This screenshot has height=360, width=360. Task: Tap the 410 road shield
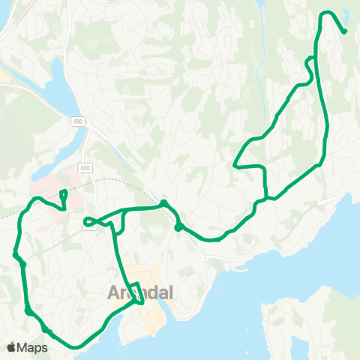pyautogui.click(x=78, y=121)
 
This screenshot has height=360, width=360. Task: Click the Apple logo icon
pyautogui.click(x=13, y=347)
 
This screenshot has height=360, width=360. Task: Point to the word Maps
pyautogui.click(x=34, y=348)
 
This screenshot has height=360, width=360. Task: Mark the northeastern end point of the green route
pyautogui.click(x=344, y=32)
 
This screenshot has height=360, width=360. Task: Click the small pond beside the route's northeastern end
pyautogui.click(x=346, y=13)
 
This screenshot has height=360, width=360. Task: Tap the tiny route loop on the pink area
pyautogui.click(x=63, y=197)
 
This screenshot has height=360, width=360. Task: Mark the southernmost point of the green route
pyautogui.click(x=76, y=347)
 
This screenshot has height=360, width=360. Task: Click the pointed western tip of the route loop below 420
pyautogui.click(x=85, y=221)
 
